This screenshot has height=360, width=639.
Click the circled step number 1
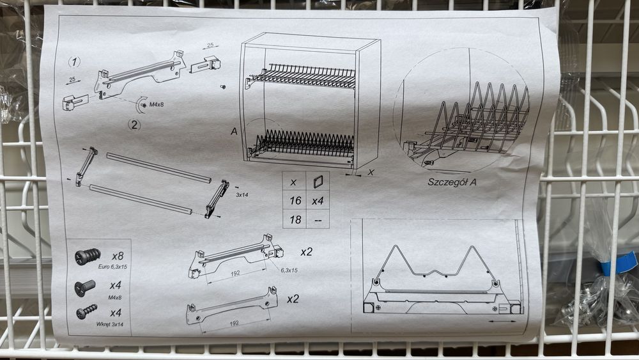[73, 62]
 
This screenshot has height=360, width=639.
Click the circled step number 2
[134, 124]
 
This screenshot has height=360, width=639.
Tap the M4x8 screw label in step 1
[156, 104]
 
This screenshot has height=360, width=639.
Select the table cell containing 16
[295, 200]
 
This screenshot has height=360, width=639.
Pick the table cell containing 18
[295, 220]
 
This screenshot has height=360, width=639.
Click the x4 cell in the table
[318, 201]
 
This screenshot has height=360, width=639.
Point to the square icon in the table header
[318, 181]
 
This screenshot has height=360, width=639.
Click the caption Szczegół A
[452, 182]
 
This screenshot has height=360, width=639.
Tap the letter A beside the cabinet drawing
[234, 131]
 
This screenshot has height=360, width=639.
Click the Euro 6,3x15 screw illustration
[87, 256]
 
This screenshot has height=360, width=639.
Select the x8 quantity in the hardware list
[118, 256]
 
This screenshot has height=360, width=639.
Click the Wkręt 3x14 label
[110, 325]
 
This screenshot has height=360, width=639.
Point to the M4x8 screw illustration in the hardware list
[85, 287]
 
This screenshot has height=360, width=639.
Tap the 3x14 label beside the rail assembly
[242, 195]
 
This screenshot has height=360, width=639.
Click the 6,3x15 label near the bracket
[289, 270]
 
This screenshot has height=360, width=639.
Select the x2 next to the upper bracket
[306, 252]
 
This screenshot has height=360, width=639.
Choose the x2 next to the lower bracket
[293, 299]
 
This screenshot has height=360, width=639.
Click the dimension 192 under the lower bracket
[234, 324]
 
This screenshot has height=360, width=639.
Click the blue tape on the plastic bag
[619, 263]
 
